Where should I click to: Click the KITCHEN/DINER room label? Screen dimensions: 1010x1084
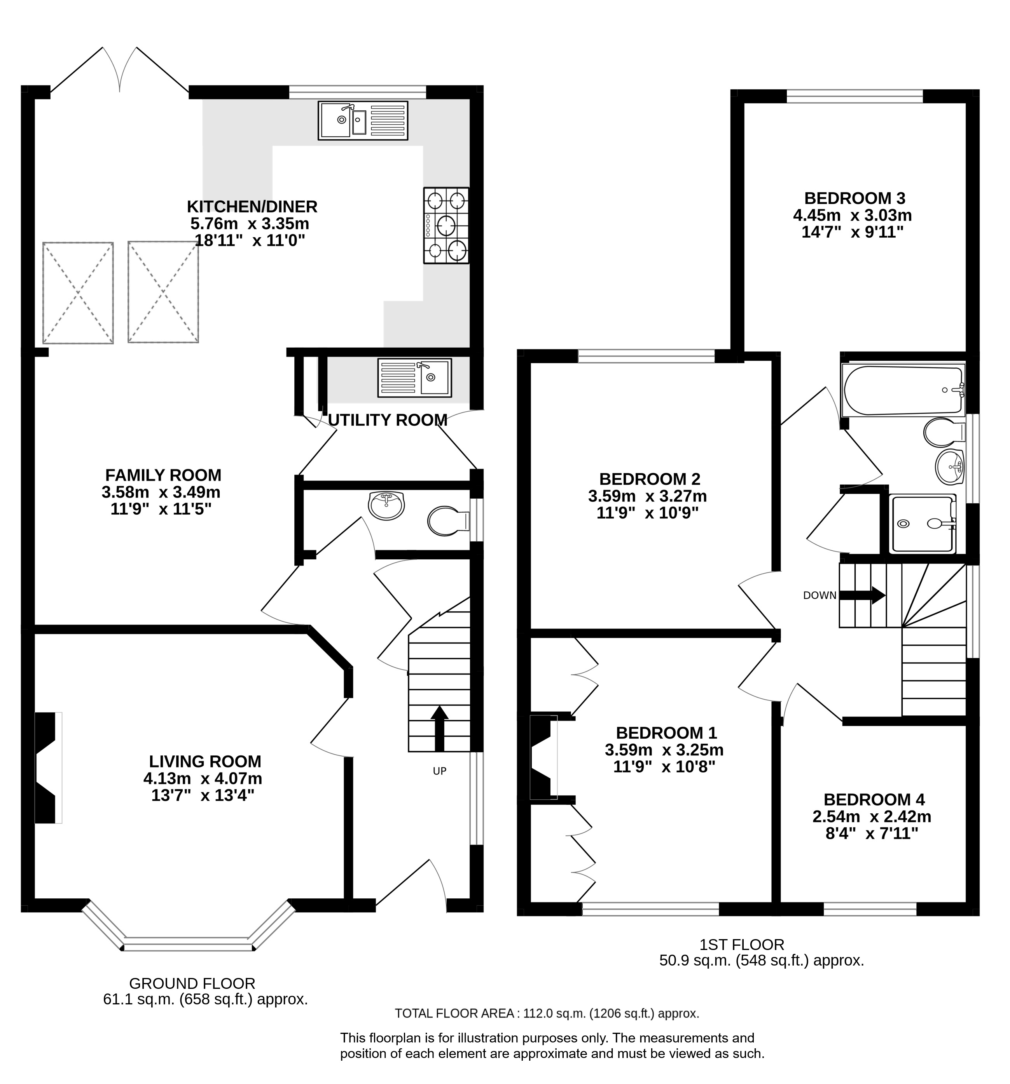[x=252, y=207]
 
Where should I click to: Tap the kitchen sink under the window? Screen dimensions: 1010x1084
[x=363, y=120]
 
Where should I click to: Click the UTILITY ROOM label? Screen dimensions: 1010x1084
[x=388, y=420]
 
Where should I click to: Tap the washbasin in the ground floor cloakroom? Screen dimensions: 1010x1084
[x=386, y=505]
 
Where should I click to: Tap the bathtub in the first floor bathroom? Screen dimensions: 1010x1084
[x=903, y=390]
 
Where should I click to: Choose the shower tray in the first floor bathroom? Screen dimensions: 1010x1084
[x=922, y=524]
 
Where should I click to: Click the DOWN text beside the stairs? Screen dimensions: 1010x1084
[x=820, y=595]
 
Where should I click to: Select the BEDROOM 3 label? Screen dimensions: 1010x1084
[x=854, y=197]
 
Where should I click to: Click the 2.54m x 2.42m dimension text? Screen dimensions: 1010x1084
[x=872, y=816]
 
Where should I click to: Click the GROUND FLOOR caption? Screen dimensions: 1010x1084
[x=192, y=968]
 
